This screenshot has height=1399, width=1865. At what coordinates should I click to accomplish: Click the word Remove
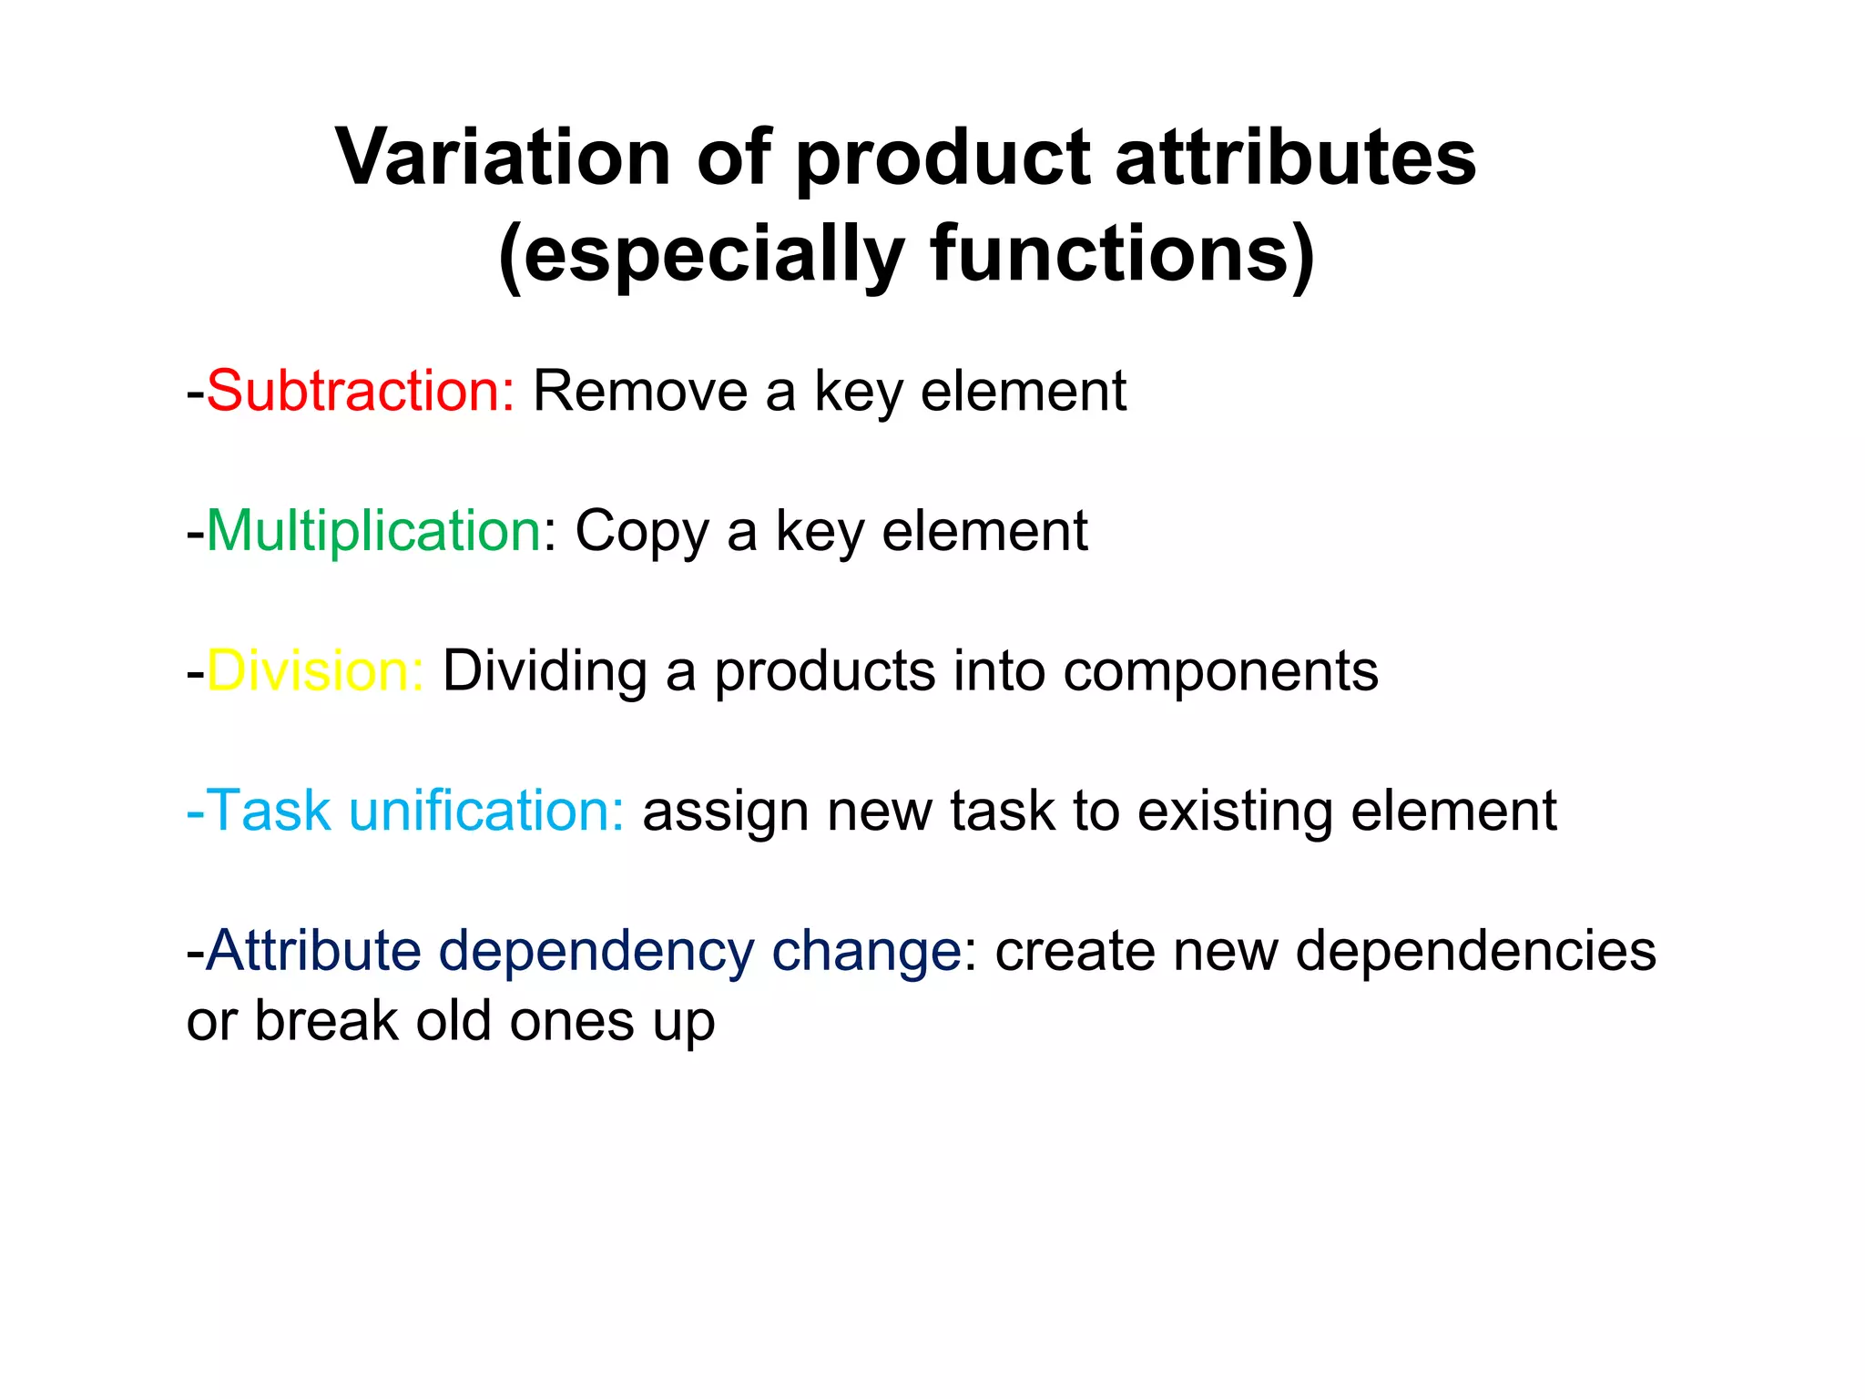(x=639, y=392)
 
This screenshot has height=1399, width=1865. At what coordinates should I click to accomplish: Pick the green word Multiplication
(x=374, y=531)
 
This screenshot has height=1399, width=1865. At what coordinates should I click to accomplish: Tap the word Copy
(x=641, y=533)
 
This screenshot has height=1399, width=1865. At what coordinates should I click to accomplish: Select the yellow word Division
(x=314, y=671)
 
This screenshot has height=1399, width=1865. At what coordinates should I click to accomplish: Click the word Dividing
(x=545, y=671)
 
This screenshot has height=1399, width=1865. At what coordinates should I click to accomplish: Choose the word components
(x=1220, y=673)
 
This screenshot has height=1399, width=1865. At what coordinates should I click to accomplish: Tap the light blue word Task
(x=268, y=811)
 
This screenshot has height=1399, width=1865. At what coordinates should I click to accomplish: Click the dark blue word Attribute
(x=313, y=951)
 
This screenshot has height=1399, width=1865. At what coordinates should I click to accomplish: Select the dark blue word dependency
(x=596, y=953)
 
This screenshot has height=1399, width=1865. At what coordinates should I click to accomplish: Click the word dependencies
(x=1475, y=953)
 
